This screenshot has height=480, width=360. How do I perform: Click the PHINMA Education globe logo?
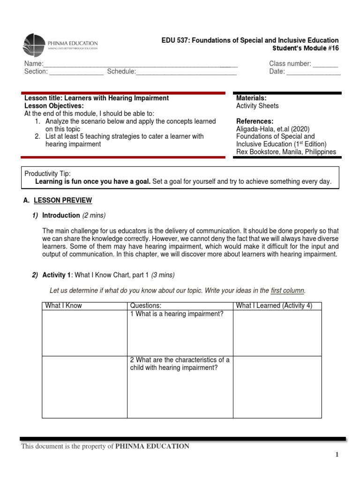pos(34,45)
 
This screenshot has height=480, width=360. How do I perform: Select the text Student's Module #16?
pos(305,48)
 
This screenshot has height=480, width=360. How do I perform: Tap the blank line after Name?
pos(141,65)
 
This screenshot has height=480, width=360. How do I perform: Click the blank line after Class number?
pos(325,65)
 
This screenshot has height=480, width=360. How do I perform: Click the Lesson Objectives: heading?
pos(53,106)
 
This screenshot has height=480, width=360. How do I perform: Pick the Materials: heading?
pos(251,98)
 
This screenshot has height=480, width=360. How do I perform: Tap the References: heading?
pos(255,121)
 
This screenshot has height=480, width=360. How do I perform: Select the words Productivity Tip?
pos(47,174)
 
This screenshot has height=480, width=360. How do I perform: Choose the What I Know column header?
pos(63,306)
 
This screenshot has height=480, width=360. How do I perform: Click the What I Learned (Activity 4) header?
pos(274,306)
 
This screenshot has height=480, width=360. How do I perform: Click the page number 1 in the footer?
pos(337,455)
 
